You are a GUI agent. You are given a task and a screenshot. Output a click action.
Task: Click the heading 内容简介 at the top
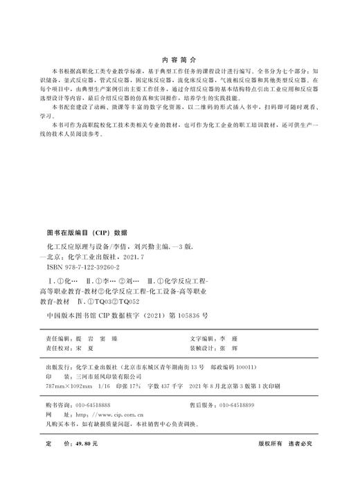pos(179,60)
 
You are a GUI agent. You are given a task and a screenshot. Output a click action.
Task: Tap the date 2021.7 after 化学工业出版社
pos(147,256)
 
